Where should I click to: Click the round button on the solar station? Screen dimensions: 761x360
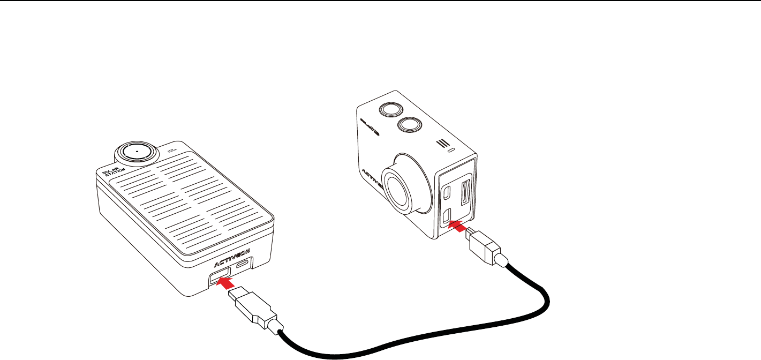pos(137,152)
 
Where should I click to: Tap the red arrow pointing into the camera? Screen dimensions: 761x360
pos(456,226)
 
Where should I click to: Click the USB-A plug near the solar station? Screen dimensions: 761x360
pos(252,307)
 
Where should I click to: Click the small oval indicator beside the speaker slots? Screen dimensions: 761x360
pos(452,151)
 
